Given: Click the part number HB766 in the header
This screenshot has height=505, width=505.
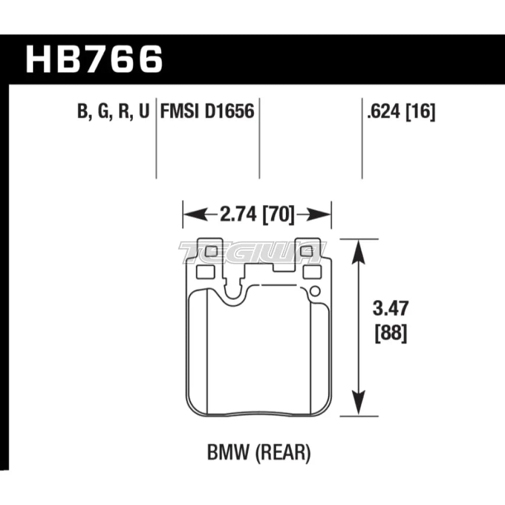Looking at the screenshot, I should coord(94,59).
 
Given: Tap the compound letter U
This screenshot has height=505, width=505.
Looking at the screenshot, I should coord(143,111).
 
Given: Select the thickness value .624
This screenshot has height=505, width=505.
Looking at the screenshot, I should coord(383,111).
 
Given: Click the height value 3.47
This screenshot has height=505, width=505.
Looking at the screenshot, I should coord(390,309).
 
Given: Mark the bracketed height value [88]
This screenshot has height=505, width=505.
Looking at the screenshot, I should coord(390,334).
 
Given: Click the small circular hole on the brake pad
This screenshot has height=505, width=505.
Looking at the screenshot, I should coord(315,291).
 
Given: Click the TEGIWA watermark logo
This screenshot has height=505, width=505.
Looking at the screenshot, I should coord(252,251).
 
